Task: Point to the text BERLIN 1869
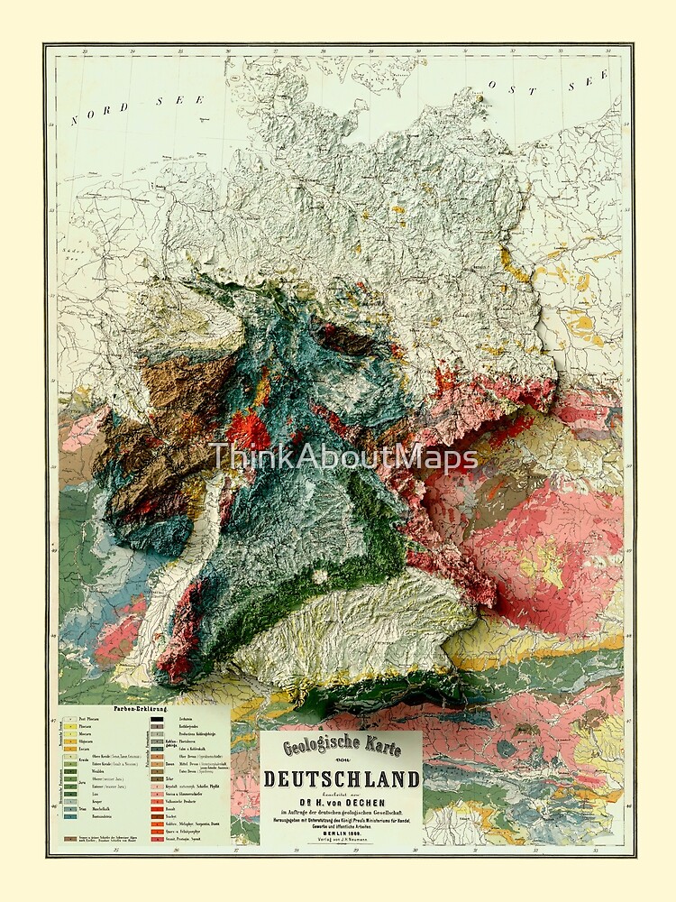pos(341,833)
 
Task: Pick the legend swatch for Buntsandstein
pos(69,816)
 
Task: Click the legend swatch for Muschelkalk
pos(69,808)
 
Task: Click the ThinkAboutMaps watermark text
pos(343,458)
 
